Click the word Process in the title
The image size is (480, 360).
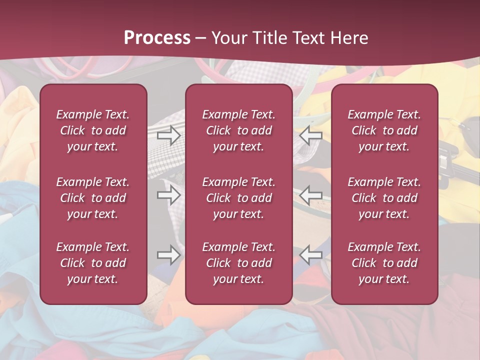point(157,38)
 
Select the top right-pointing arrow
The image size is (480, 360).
point(169,135)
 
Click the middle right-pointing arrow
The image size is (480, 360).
point(169,195)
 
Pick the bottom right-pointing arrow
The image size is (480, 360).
point(169,255)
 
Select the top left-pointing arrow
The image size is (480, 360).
point(310,135)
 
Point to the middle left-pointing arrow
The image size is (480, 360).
point(310,195)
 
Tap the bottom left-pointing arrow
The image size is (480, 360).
point(310,255)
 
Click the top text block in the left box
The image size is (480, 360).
point(93,130)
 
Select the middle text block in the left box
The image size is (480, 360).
point(93,198)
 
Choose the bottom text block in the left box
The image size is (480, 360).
point(93,263)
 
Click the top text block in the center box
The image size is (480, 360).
point(238,130)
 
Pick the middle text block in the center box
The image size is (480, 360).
point(238,198)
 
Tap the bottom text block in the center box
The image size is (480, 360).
point(238,263)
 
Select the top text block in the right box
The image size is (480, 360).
point(384,130)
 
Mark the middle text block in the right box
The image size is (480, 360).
point(384,198)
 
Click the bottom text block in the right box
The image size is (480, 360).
point(384,263)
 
